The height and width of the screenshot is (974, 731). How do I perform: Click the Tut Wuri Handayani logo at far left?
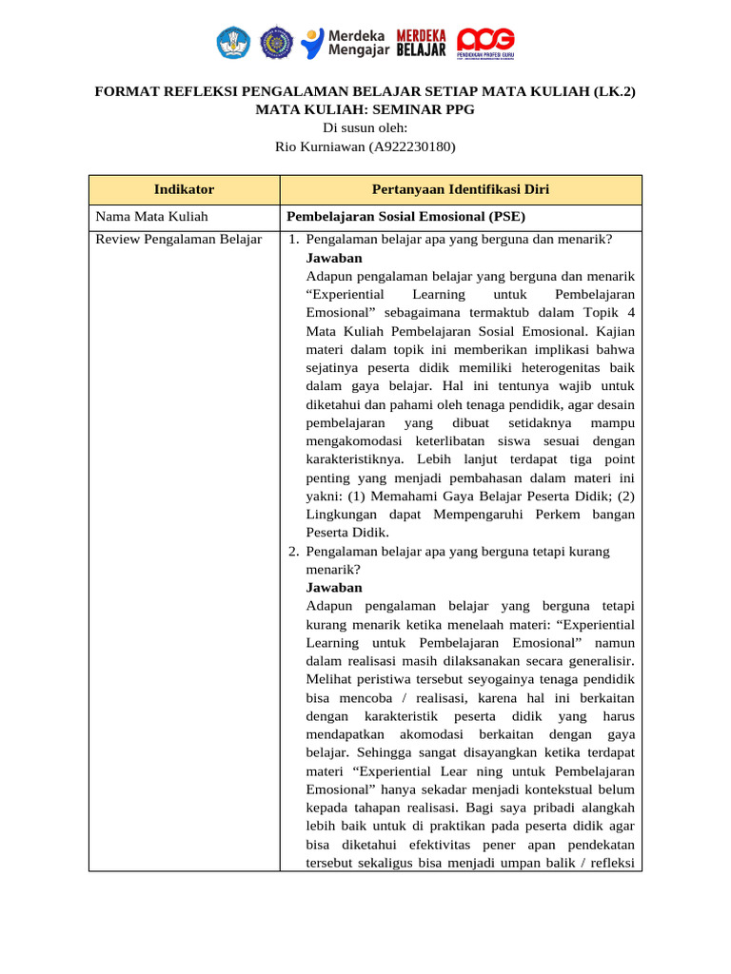(233, 42)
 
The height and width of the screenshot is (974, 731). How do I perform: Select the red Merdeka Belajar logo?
(421, 42)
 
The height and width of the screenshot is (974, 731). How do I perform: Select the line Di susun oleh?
(365, 128)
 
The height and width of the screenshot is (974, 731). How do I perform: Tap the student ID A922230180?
(413, 146)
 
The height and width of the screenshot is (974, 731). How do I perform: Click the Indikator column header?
(184, 190)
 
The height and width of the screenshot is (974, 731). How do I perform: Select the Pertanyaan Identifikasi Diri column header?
(460, 190)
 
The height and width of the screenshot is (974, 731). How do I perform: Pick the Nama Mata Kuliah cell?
(151, 217)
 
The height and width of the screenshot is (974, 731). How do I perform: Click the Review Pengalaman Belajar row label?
(179, 239)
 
